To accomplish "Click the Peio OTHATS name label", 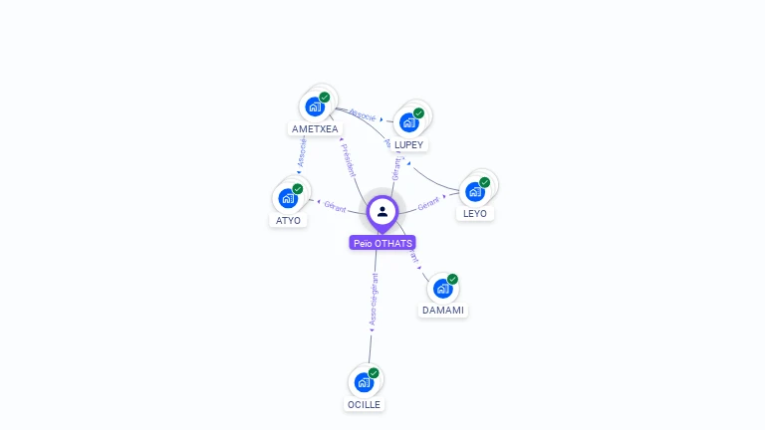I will pos(382,243).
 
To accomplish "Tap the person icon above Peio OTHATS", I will pos(382,211).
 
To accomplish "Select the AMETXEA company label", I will pos(315,128).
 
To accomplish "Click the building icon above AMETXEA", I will pos(315,106).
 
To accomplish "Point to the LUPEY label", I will pos(408,144).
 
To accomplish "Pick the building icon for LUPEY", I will pos(408,122).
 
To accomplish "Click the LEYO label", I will pos(475,213).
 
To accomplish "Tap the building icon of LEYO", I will pos(474,191).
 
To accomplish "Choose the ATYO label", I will pos(288,220).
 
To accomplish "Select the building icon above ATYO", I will pos(288,198).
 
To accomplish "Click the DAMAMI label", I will pos(443,310).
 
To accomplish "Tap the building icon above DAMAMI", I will pos(442,289).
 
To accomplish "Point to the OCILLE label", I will pos(364,404).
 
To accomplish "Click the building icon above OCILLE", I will pos(364,381).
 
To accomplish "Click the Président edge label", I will pos(350,160).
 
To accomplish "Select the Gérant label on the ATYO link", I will pos(335,206).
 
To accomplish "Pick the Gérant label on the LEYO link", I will pos(428,203).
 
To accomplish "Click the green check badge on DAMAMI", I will pos(452,280).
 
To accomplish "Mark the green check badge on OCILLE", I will pos(374,372).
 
